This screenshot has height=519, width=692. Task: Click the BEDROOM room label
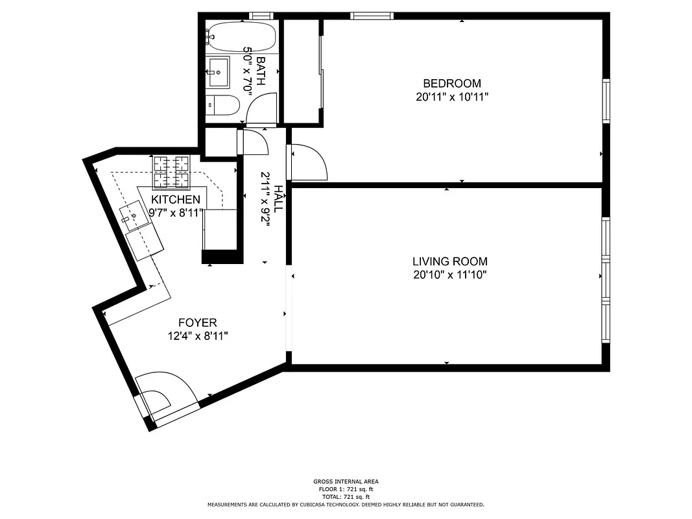452,84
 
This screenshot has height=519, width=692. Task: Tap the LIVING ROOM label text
449,261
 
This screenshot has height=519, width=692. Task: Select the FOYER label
197,322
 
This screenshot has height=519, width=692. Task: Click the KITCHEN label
176,199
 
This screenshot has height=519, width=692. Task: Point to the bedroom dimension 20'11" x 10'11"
452,97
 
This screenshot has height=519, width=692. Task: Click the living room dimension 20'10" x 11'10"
449,275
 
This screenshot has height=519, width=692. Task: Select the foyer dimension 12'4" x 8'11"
197,336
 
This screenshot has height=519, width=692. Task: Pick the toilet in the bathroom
222,105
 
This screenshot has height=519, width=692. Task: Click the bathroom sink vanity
217,71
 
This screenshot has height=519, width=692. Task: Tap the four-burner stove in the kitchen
171,170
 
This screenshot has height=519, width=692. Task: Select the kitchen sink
135,215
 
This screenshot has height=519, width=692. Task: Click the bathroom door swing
263,108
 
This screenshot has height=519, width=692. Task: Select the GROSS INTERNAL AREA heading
345,481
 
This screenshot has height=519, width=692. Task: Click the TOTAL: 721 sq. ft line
345,496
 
